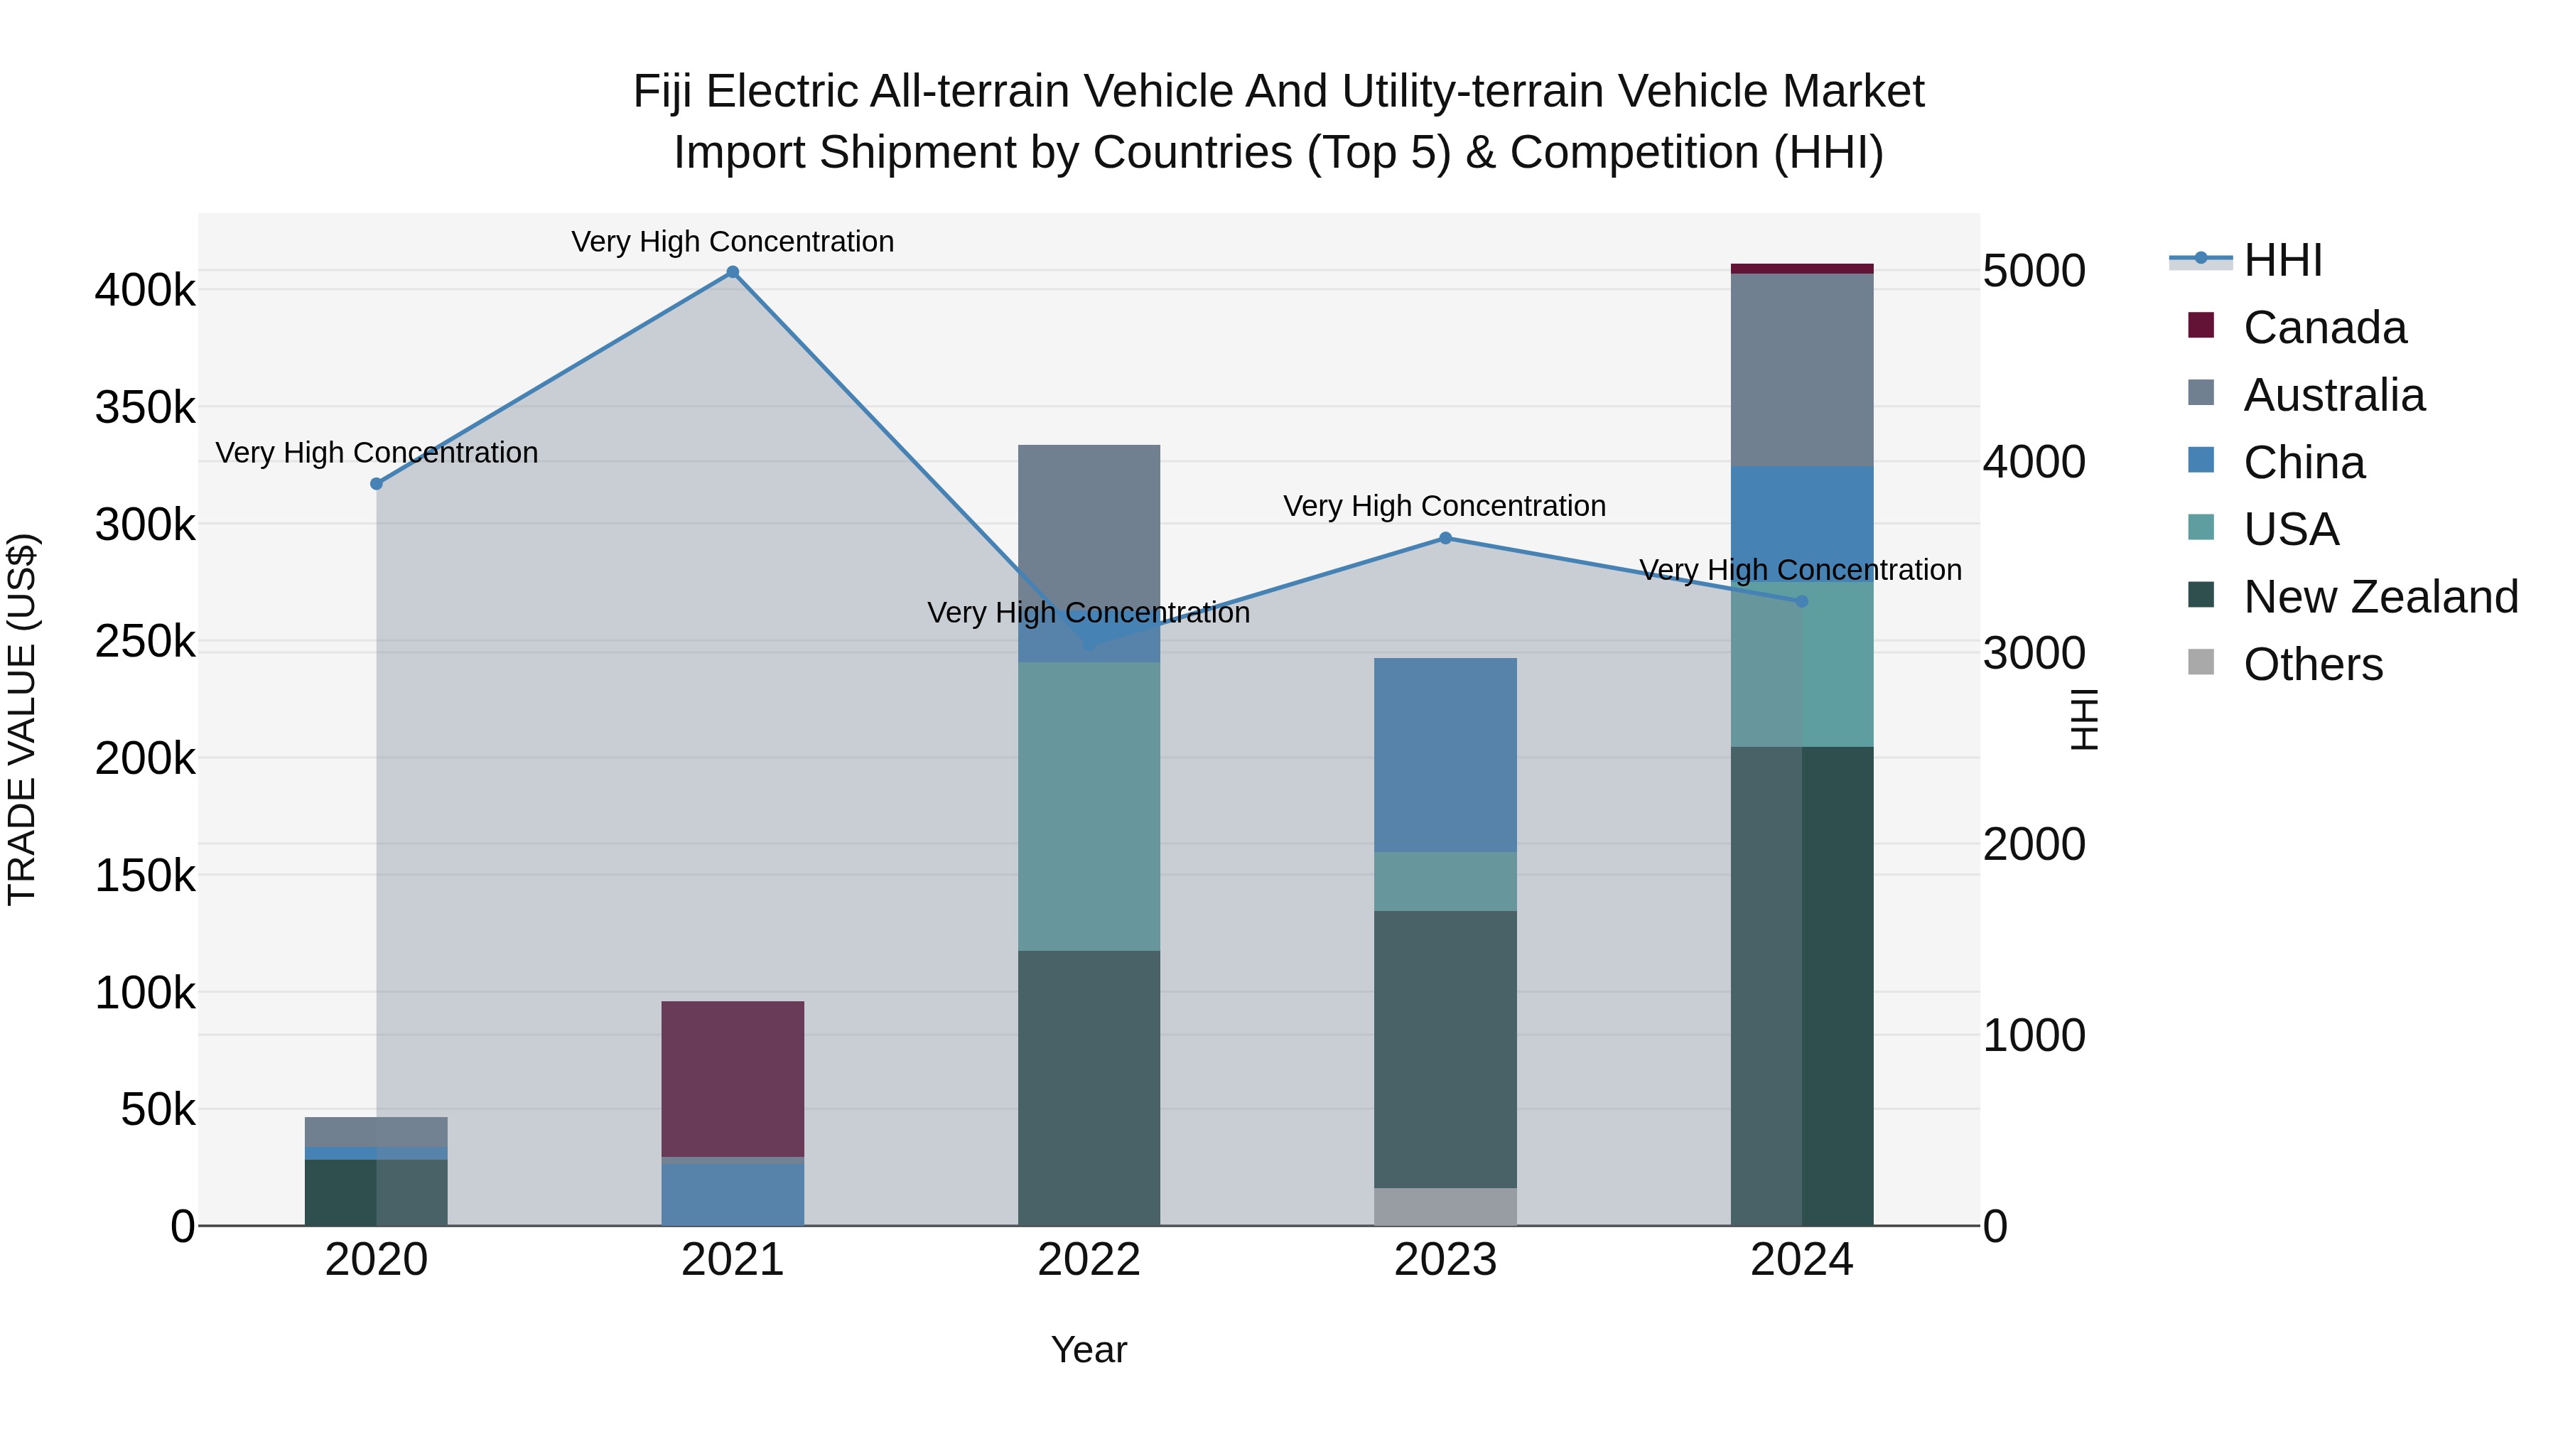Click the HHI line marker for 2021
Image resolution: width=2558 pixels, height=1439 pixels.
733,272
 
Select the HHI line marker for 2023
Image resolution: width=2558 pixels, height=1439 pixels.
1445,538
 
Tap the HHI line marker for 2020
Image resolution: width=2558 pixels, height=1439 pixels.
377,484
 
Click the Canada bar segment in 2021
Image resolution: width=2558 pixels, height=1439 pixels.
733,1079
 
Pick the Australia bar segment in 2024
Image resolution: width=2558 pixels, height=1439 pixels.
1801,370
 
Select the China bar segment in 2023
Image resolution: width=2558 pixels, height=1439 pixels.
1445,755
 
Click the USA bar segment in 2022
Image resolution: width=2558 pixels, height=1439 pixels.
1089,807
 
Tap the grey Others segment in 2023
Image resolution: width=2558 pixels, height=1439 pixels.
1445,1207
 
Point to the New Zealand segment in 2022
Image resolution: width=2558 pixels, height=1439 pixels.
1089,1087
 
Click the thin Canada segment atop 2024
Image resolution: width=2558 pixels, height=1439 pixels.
1801,268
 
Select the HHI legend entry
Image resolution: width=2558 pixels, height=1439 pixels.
2281,260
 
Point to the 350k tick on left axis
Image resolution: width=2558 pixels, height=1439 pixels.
145,407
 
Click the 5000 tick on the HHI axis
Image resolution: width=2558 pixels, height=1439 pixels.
2034,271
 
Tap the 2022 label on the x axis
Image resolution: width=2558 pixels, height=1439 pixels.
1089,1260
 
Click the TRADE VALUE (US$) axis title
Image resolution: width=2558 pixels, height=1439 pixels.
22,719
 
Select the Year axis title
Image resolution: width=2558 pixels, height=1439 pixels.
1089,1349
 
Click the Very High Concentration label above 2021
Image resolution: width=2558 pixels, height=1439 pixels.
733,242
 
